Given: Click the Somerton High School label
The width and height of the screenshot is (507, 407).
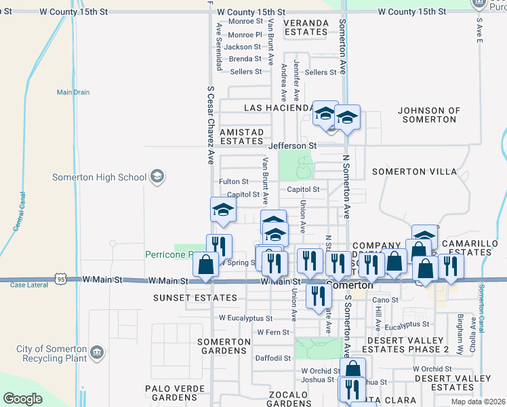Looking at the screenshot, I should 99,177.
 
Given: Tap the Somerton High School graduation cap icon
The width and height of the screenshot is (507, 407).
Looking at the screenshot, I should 157,177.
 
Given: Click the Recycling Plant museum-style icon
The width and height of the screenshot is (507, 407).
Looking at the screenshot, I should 97,353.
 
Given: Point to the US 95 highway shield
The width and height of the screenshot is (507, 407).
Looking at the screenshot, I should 62,279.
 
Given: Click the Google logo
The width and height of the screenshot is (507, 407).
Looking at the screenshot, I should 23,399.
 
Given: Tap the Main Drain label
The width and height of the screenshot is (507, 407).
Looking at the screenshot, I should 73,92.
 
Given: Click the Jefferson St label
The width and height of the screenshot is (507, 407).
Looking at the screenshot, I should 292,146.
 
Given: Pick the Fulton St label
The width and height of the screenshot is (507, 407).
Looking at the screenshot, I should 234,182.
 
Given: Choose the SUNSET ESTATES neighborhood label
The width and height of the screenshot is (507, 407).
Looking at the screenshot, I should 195,298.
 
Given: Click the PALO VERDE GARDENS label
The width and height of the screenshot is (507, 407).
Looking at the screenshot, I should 171,393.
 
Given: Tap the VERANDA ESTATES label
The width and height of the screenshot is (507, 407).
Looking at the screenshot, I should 306,27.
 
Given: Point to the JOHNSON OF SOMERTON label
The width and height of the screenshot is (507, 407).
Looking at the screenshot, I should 429,115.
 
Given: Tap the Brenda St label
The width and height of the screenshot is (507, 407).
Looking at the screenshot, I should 245,59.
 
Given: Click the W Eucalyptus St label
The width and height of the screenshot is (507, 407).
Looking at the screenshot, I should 245,317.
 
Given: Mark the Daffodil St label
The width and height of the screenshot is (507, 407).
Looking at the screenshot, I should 272,358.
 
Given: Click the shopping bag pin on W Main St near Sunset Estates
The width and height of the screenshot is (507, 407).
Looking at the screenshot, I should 205,265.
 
